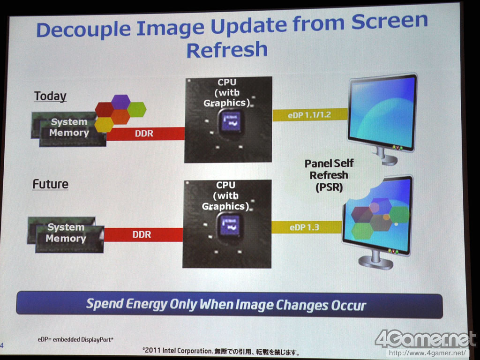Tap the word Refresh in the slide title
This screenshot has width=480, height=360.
pyautogui.click(x=227, y=50)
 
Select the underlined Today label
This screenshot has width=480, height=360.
pyautogui.click(x=50, y=96)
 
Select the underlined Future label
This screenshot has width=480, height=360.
pyautogui.click(x=51, y=184)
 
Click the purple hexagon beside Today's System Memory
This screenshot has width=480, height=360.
pyautogui.click(x=120, y=102)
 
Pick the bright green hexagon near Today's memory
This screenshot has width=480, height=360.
pyautogui.click(x=136, y=109)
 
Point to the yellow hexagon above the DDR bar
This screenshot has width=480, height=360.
pyautogui.click(x=104, y=125)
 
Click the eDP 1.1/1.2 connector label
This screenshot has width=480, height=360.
pyautogui.click(x=309, y=115)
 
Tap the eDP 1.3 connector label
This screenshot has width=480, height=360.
pyautogui.click(x=304, y=227)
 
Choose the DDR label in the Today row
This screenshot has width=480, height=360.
pyautogui.click(x=144, y=134)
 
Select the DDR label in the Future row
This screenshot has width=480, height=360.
pyautogui.click(x=142, y=235)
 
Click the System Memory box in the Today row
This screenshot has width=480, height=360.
pyautogui.click(x=69, y=129)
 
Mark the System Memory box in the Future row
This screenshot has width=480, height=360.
pyautogui.click(x=66, y=234)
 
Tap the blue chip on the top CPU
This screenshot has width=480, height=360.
pyautogui.click(x=231, y=122)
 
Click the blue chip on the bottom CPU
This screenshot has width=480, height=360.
pyautogui.click(x=230, y=226)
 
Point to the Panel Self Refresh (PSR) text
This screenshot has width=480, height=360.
pyautogui.click(x=329, y=175)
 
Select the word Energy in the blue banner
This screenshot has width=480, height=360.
pyautogui.click(x=146, y=304)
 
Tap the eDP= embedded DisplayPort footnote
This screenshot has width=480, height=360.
pyautogui.click(x=75, y=339)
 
